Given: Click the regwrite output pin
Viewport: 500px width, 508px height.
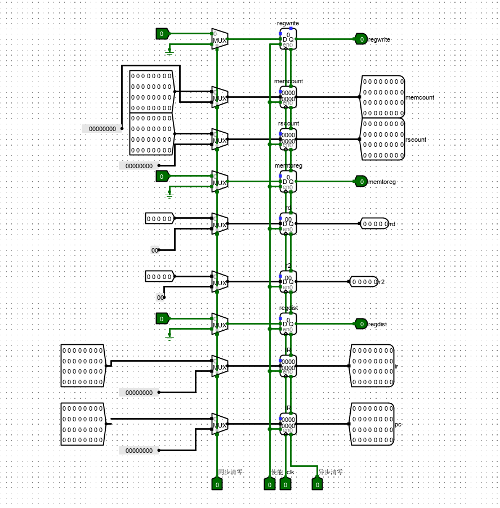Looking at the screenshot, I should click(361, 39).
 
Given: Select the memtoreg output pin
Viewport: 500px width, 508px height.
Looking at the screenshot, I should click(361, 181).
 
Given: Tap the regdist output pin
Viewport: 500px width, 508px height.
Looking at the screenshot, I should click(361, 323).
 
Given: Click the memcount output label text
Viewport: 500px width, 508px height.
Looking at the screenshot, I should click(419, 97).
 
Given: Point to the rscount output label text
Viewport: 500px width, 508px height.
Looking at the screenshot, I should click(416, 140).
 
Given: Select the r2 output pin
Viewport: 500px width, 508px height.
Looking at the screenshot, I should click(364, 282).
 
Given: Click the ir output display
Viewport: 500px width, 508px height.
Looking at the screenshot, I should click(372, 366).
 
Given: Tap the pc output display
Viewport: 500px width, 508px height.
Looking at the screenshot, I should click(372, 424).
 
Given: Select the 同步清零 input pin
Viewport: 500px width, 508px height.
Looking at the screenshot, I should click(217, 484).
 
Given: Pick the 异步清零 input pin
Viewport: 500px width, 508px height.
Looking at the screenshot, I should click(317, 484).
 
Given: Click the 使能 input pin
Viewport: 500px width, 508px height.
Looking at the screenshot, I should click(269, 484).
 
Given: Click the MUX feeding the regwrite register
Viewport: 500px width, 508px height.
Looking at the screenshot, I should click(220, 39).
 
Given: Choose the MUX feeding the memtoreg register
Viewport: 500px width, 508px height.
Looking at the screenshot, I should click(220, 181).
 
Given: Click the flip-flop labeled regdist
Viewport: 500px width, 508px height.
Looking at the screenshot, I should click(288, 323).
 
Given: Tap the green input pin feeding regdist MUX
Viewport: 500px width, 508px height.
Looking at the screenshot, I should click(162, 318).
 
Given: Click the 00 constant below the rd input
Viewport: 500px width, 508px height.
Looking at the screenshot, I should click(155, 250).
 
